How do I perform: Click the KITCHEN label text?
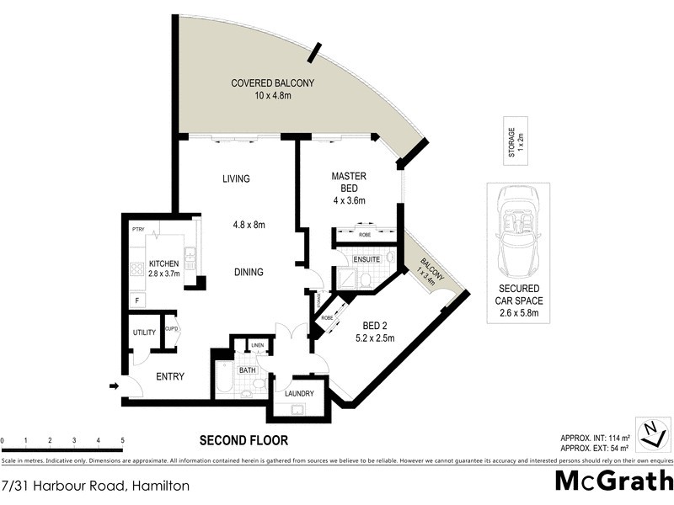[164, 264]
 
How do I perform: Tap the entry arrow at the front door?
[114, 386]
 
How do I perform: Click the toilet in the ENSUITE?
[391, 259]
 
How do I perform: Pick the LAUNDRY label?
[299, 393]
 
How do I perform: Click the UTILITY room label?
[144, 332]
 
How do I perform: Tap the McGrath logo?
[613, 481]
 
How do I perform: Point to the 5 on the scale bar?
[122, 440]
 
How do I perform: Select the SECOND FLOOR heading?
[243, 440]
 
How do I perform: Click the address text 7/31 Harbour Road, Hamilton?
[95, 486]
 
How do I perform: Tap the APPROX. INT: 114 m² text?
[595, 437]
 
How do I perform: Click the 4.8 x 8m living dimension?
[249, 225]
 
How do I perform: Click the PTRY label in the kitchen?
[139, 229]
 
